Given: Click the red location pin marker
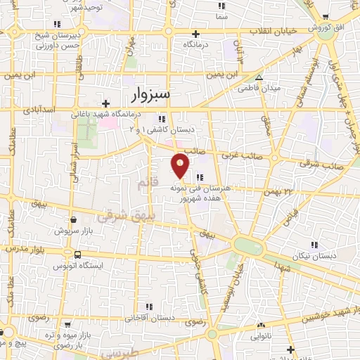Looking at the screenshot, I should tap(181, 165).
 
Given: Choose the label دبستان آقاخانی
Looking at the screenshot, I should tap(148, 317).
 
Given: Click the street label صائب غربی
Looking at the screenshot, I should tap(248, 157).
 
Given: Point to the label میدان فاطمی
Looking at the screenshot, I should tap(259, 89).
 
